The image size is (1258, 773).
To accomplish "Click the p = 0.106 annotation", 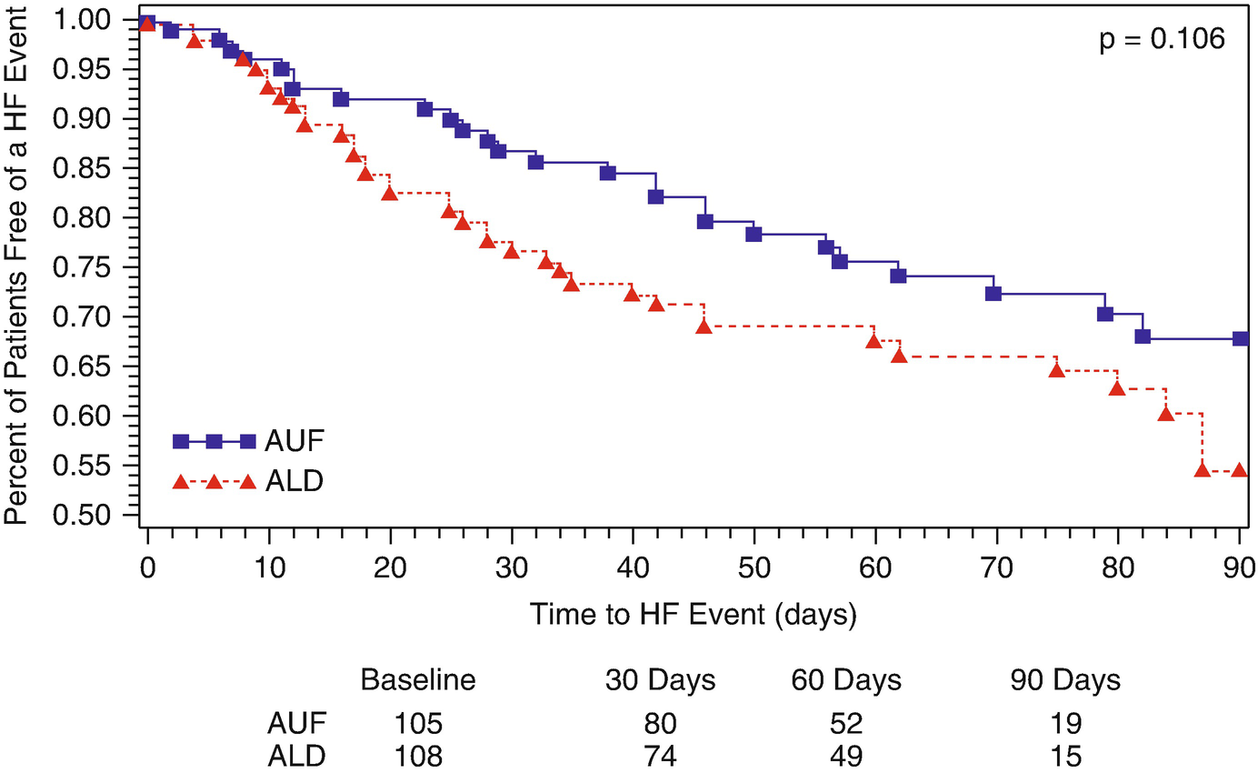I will pyautogui.click(x=1162, y=41).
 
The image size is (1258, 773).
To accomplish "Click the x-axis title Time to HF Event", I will pyautogui.click(x=693, y=615).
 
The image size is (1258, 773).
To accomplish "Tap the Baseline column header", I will pyautogui.click(x=419, y=680).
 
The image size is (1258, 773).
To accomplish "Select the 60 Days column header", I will pyautogui.click(x=846, y=680).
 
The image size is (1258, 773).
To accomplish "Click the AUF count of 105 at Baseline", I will pyautogui.click(x=419, y=724).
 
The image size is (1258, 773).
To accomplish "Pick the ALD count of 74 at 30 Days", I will pyautogui.click(x=660, y=757).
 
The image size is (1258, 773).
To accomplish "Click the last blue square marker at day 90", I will pyautogui.click(x=1240, y=338).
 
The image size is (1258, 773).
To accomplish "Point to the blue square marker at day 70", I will pyautogui.click(x=993, y=293).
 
